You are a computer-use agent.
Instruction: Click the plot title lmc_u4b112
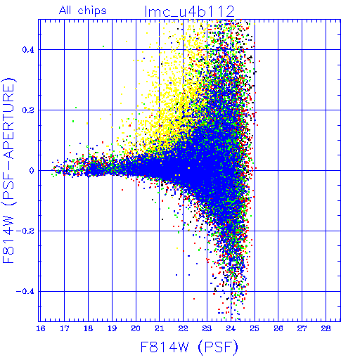point(190,11)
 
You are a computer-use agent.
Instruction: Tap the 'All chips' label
point(83,11)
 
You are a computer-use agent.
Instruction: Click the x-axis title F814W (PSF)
point(189,347)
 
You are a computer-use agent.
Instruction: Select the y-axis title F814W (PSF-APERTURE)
point(9,170)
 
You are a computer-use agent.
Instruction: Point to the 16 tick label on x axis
point(41,328)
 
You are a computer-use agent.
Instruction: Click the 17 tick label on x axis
point(65,328)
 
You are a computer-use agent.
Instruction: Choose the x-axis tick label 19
point(112,328)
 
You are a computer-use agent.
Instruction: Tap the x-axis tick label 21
point(160,328)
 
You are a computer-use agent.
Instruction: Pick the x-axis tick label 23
point(207,328)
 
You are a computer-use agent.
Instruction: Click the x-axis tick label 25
point(255,328)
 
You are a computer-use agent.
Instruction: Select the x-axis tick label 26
point(278,328)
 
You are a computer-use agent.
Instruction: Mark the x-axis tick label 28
point(326,328)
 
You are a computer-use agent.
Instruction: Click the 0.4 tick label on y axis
point(28,50)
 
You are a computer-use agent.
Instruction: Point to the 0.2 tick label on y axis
point(28,110)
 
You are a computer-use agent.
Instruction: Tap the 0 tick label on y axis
point(32,171)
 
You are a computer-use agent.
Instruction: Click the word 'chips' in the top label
point(92,11)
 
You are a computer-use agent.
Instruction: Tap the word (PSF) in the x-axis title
point(218,347)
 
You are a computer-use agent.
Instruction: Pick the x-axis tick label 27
point(302,328)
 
